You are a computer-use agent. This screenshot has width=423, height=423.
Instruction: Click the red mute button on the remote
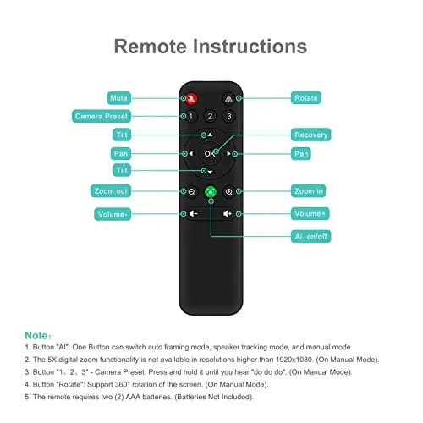point(192,97)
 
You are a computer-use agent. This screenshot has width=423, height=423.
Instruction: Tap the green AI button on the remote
point(210,192)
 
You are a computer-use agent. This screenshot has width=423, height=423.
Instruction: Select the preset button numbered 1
point(191,115)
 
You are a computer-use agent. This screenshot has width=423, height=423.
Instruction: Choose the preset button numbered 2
point(210,115)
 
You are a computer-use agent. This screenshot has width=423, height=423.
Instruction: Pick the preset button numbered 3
point(228,115)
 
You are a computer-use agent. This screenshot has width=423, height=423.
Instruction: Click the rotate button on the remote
point(228,97)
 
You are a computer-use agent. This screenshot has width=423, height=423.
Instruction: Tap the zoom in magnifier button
point(228,192)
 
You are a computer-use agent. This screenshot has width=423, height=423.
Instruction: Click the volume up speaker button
point(228,213)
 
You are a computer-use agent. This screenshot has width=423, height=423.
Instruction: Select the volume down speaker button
point(192,213)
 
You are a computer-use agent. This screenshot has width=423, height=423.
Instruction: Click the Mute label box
point(118,98)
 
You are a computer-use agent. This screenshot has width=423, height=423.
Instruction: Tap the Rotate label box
point(305,98)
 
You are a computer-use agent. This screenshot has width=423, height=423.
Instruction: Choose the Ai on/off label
point(310,235)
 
